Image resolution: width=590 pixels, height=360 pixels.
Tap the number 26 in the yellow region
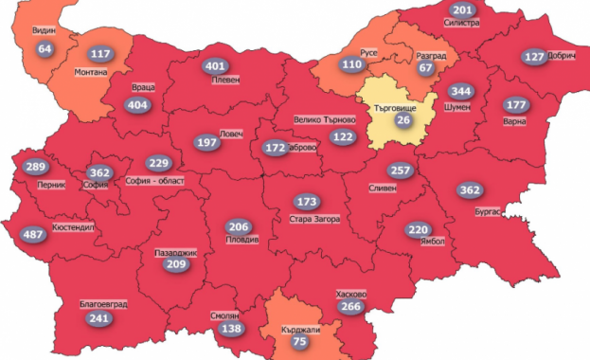pyautogui.click(x=402, y=120)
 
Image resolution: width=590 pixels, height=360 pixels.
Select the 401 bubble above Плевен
pyautogui.click(x=216, y=66)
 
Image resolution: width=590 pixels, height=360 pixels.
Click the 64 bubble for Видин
pyautogui.click(x=45, y=48)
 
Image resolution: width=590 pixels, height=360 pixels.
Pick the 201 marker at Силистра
pyautogui.click(x=461, y=11)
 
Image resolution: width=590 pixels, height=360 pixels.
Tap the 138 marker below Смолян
pyautogui.click(x=231, y=329)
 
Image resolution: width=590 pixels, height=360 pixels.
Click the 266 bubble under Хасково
pyautogui.click(x=350, y=307)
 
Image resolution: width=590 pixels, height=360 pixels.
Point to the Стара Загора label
pyautogui.click(x=314, y=218)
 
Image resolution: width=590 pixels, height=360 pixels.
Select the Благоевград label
pyautogui.click(x=103, y=304)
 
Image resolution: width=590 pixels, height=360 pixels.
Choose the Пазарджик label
pyautogui.click(x=174, y=253)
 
